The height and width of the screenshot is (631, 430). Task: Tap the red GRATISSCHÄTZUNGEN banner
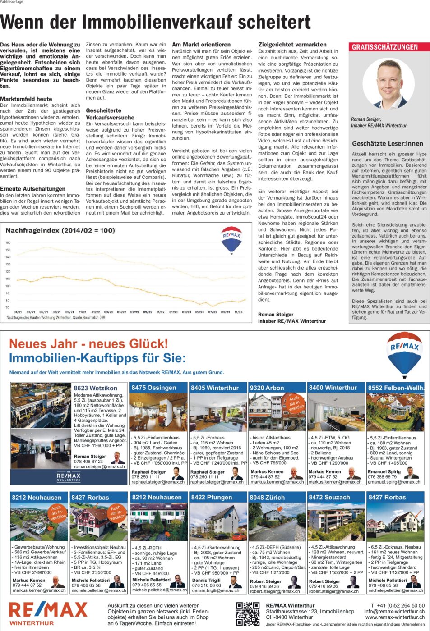pyautogui.click(x=385, y=47)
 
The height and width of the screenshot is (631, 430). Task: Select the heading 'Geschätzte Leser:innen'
pyautogui.click(x=388, y=143)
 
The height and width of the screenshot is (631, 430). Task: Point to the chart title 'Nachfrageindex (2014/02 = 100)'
pyautogui.click(x=60, y=230)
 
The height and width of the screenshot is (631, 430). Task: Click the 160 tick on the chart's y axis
pyautogui.click(x=8, y=242)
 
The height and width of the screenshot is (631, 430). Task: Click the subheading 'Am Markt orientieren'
pyautogui.click(x=201, y=45)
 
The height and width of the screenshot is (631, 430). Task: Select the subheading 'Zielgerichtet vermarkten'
pyautogui.click(x=292, y=45)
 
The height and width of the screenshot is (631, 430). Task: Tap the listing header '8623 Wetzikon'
pyautogui.click(x=96, y=388)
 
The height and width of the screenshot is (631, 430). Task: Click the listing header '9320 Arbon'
pyautogui.click(x=267, y=388)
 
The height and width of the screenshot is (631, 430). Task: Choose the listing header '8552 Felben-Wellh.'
pyautogui.click(x=395, y=388)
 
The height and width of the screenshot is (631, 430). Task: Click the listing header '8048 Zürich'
pyautogui.click(x=268, y=497)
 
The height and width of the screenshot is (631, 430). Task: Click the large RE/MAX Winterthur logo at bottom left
pyautogui.click(x=48, y=613)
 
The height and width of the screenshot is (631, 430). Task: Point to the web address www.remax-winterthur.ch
pyautogui.click(x=395, y=617)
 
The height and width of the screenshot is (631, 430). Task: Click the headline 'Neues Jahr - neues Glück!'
pyautogui.click(x=88, y=344)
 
